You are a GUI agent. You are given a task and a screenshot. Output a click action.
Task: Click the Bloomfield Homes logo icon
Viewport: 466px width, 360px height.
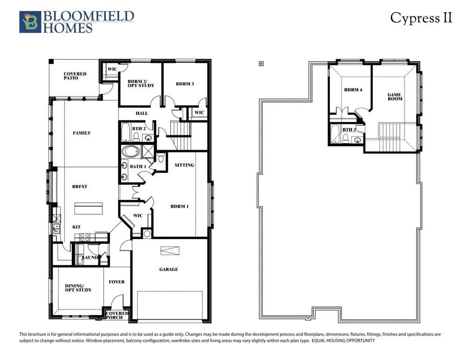(30, 22)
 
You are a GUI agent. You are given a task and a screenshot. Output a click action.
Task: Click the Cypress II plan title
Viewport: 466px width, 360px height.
(421, 18)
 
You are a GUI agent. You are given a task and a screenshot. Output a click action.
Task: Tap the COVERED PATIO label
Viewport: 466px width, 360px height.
(75, 76)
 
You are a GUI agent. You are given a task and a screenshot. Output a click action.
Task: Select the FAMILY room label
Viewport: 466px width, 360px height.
(82, 133)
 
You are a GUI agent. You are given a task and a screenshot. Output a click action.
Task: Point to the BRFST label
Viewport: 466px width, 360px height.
(80, 187)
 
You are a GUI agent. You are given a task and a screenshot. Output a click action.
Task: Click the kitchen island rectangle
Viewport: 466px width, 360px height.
(88, 208)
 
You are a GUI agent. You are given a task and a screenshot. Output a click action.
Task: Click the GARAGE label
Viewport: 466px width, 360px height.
(169, 269)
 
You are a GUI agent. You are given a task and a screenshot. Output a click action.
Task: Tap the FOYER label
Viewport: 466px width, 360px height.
(116, 282)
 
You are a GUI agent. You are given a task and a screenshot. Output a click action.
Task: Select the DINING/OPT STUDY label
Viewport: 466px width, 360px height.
(78, 288)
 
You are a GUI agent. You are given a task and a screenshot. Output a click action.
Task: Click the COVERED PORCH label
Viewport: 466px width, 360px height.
(117, 315)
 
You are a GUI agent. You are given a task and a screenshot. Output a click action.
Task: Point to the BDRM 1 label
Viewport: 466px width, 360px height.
(179, 206)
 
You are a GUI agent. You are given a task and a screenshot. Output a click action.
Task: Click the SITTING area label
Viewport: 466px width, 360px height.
(184, 165)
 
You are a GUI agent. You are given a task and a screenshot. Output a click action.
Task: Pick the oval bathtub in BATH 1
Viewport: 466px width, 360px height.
(130, 152)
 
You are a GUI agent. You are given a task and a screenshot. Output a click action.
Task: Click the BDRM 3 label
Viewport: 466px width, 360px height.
(185, 84)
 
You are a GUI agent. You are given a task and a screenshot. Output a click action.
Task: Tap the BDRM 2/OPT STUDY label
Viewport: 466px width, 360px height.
(141, 83)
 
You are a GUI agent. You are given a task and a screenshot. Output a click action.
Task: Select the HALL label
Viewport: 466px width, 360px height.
(142, 113)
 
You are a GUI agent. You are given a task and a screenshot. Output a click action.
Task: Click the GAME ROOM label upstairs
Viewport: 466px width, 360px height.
(395, 97)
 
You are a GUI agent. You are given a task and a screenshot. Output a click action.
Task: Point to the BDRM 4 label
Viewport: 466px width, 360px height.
(353, 90)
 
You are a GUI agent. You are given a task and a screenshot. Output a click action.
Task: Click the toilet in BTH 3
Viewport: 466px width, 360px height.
(345, 138)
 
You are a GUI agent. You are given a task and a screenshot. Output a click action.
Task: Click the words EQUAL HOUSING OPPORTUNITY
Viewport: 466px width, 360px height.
(343, 341)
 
